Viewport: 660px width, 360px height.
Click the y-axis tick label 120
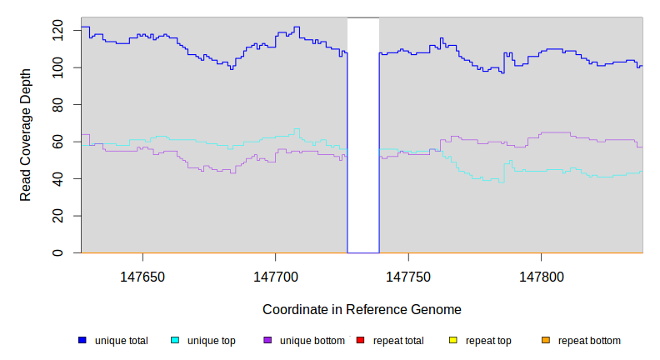click(57, 31)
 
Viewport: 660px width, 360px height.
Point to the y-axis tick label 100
click(57, 67)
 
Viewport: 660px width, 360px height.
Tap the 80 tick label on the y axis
click(57, 105)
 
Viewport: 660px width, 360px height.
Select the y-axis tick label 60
click(57, 142)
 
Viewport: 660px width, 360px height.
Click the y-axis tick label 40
click(57, 179)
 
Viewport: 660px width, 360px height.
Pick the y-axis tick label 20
click(57, 216)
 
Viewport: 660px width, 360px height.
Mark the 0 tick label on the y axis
click(57, 252)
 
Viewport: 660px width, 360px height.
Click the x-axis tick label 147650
click(142, 275)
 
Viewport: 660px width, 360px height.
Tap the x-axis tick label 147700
click(275, 275)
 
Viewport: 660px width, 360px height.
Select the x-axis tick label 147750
click(407, 275)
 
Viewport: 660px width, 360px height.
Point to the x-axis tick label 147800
click(541, 275)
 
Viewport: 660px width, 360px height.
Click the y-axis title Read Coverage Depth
click(26, 136)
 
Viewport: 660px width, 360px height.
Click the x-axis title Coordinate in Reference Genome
click(362, 309)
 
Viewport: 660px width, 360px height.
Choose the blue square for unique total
click(82, 340)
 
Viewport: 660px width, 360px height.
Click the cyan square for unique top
click(175, 340)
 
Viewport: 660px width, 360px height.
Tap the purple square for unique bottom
click(267, 340)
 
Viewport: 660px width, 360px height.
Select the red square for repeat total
click(360, 340)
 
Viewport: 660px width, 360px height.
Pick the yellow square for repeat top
click(452, 340)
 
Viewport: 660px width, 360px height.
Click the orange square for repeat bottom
click(546, 340)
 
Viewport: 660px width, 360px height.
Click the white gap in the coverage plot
click(363, 133)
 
